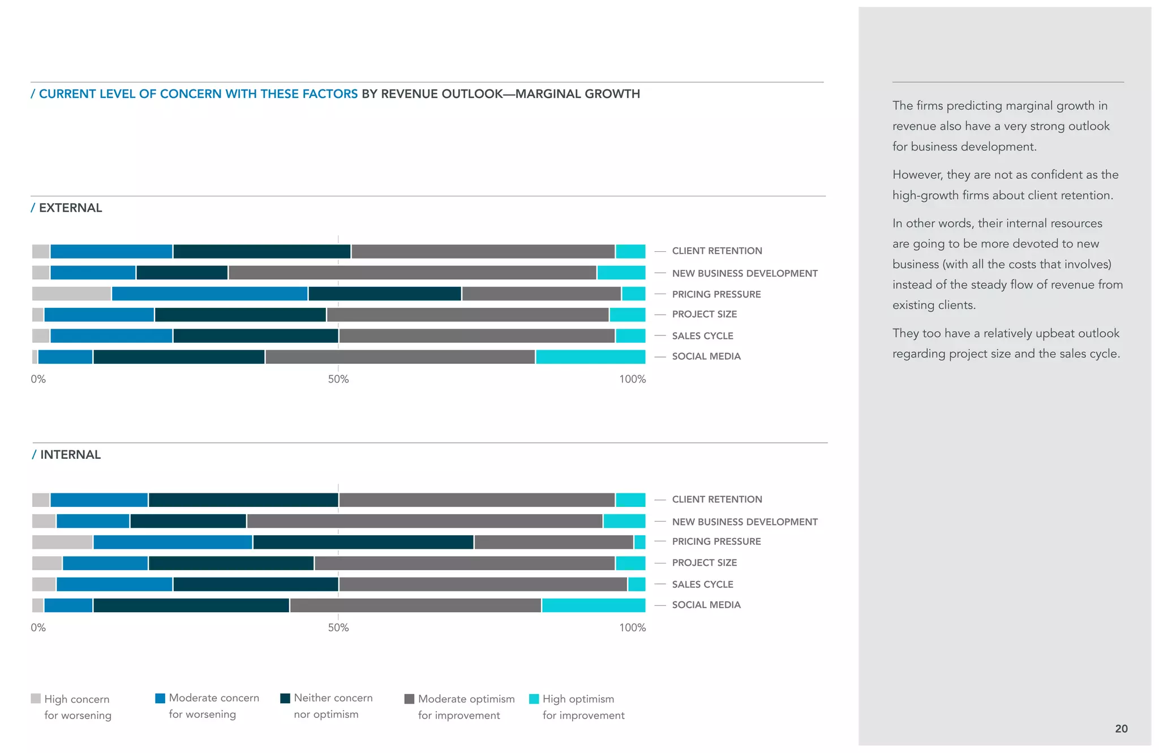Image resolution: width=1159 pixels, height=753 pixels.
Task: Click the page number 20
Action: pos(1121,729)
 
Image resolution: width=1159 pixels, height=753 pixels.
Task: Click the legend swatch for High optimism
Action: pos(534,699)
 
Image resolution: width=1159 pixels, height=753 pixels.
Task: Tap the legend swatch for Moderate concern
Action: pos(160,698)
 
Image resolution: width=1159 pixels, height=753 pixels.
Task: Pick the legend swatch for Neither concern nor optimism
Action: pos(285,698)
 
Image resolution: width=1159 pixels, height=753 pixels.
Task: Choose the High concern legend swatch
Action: pos(36,699)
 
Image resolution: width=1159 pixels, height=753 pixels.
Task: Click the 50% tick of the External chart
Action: pos(338,379)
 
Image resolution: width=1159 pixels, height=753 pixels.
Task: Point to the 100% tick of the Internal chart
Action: pos(632,627)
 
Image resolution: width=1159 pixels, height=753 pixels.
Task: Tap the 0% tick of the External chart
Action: pos(38,379)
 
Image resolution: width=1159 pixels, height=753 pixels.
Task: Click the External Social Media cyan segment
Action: pos(590,357)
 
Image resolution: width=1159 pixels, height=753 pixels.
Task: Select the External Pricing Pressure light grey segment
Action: pos(71,294)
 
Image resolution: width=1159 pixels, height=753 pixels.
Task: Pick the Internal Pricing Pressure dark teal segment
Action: pos(363,542)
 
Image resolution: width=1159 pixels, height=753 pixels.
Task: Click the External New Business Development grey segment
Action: pos(412,273)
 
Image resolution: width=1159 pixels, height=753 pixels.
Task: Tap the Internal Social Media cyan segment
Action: pos(593,605)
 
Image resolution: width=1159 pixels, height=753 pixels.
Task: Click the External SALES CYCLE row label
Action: pos(702,335)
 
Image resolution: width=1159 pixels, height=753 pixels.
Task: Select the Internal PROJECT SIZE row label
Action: pos(704,562)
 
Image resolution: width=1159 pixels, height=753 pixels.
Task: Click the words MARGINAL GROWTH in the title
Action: pos(577,94)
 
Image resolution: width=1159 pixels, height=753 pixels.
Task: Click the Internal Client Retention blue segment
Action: pos(99,500)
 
